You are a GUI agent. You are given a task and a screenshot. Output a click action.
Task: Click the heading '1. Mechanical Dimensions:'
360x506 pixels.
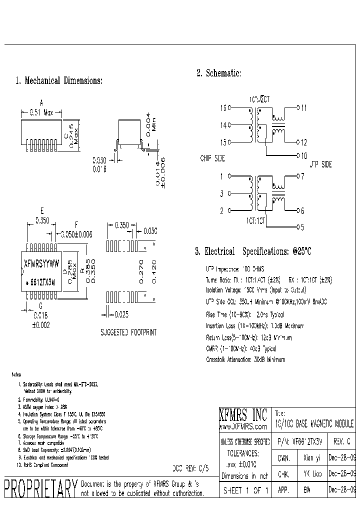pos(59,80)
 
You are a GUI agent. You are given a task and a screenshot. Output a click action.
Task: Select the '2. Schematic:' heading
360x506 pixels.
pos(219,73)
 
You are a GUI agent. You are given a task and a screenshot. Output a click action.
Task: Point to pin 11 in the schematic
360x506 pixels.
pos(304,107)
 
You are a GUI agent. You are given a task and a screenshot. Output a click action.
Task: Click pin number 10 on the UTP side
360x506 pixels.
pos(304,155)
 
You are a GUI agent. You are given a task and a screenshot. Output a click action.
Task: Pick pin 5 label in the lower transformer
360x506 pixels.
pos(301,227)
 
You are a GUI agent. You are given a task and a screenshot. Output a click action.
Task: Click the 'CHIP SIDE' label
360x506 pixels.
pos(212,158)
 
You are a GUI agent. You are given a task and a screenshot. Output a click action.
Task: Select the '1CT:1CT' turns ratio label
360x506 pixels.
pos(255,219)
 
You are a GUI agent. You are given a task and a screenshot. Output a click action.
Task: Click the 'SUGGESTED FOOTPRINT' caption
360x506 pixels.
pos(128,332)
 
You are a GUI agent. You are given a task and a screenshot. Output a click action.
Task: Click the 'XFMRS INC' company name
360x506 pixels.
pos(243,414)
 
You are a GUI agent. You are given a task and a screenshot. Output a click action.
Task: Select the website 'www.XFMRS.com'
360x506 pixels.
pos(243,426)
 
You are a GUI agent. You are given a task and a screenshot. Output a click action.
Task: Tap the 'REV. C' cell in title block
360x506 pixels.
pos(341,441)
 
